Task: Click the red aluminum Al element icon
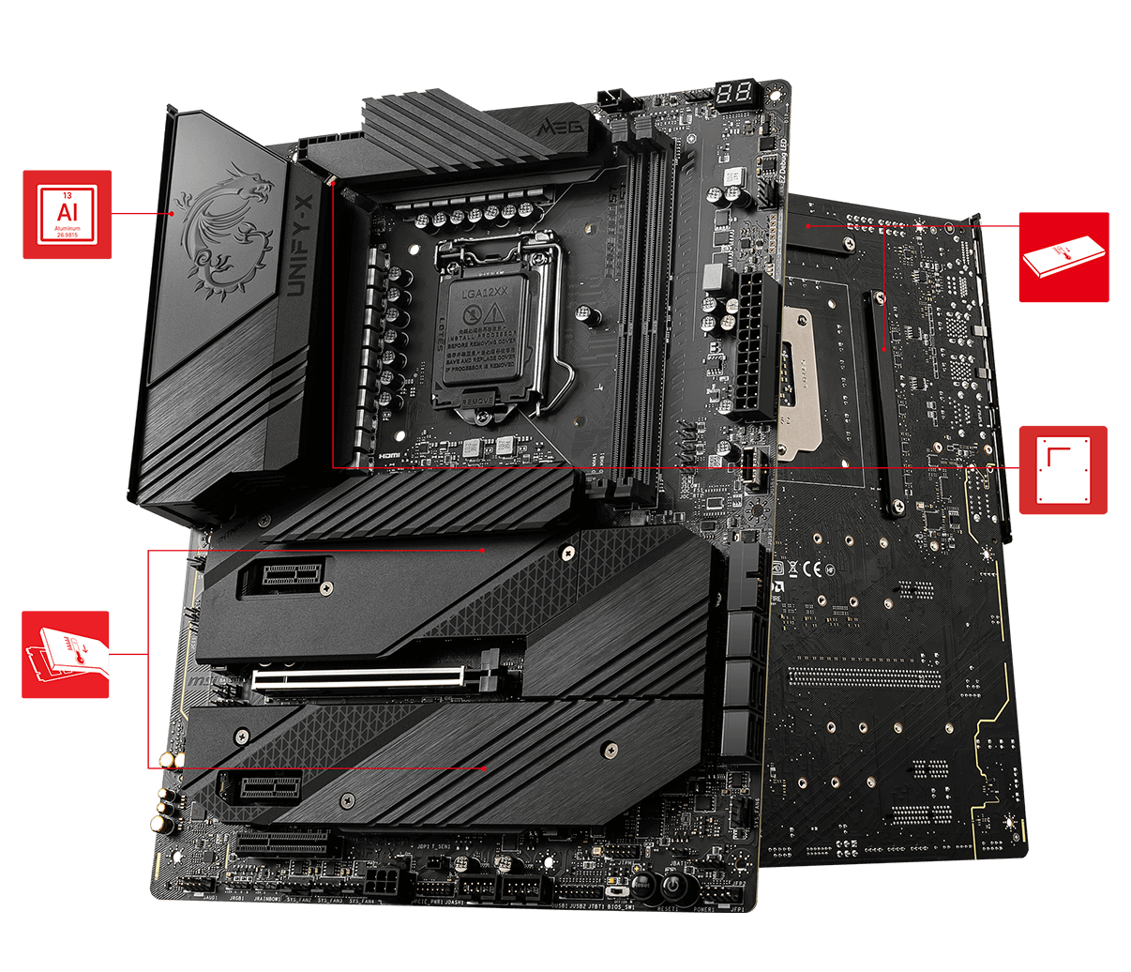(67, 214)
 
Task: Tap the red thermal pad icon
(1063, 257)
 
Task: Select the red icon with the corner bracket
(1063, 470)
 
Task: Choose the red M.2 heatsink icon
(66, 655)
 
